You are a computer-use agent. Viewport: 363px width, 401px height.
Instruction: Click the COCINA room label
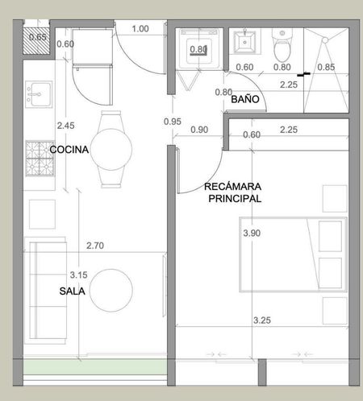[69, 150]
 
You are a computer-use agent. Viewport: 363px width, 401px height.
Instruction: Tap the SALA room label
[72, 291]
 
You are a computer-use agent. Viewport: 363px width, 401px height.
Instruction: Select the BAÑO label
[245, 99]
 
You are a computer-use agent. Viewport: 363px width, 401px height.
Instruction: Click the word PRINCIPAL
[235, 199]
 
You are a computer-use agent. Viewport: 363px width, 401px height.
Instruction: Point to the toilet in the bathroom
[282, 45]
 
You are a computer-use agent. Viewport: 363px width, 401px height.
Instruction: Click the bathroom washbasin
[244, 42]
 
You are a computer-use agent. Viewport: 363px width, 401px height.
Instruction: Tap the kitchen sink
[39, 94]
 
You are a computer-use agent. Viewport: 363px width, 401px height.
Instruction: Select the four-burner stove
[40, 159]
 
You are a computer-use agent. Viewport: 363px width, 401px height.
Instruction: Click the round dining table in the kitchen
[111, 149]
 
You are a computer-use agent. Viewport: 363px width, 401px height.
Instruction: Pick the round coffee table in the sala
[111, 291]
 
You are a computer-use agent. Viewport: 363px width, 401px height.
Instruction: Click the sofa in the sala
[46, 291]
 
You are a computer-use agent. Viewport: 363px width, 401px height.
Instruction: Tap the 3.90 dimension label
[252, 233]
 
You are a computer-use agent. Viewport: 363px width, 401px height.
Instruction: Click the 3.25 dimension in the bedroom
[262, 320]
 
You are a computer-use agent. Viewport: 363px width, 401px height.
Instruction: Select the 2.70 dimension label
[95, 246]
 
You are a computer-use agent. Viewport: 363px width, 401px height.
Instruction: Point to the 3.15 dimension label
[79, 275]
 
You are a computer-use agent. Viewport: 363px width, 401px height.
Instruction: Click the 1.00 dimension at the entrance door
[140, 29]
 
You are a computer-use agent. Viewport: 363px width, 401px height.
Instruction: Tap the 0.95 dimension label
[173, 122]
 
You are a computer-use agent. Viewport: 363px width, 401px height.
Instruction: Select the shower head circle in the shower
[325, 40]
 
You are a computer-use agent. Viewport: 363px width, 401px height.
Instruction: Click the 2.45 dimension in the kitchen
[65, 126]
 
